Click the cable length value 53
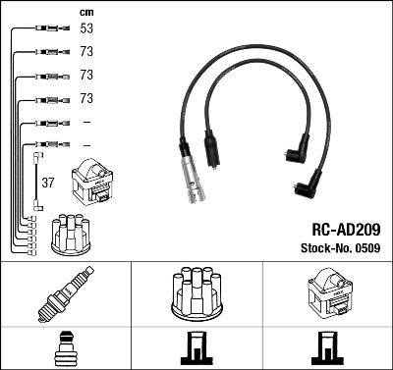pos(86,28)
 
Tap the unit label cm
pos(86,13)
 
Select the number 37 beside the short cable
pos(48,183)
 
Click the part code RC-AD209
pos(346,230)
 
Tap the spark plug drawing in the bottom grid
pos(67,293)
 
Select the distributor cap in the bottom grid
pos(197,293)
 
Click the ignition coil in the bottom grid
pos(328,291)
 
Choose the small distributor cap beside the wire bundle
pos(71,235)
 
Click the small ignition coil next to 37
pos(92,182)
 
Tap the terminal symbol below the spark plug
pos(66,348)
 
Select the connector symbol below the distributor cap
pos(196,348)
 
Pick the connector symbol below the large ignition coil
pos(327,348)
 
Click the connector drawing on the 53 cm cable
pos(52,28)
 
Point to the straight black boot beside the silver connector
pos(212,150)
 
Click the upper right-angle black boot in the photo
pos(298,150)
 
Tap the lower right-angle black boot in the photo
pos(308,185)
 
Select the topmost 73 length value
pos(86,52)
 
